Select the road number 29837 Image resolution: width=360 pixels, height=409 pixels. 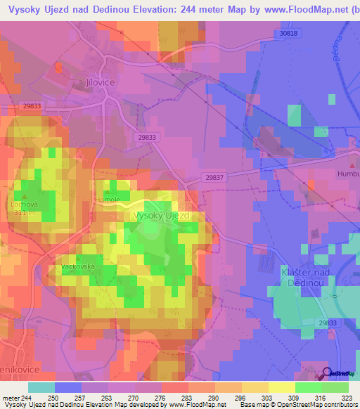215,178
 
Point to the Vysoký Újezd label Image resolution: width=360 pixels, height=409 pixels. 161,216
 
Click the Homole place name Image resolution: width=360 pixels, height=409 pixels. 108,200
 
